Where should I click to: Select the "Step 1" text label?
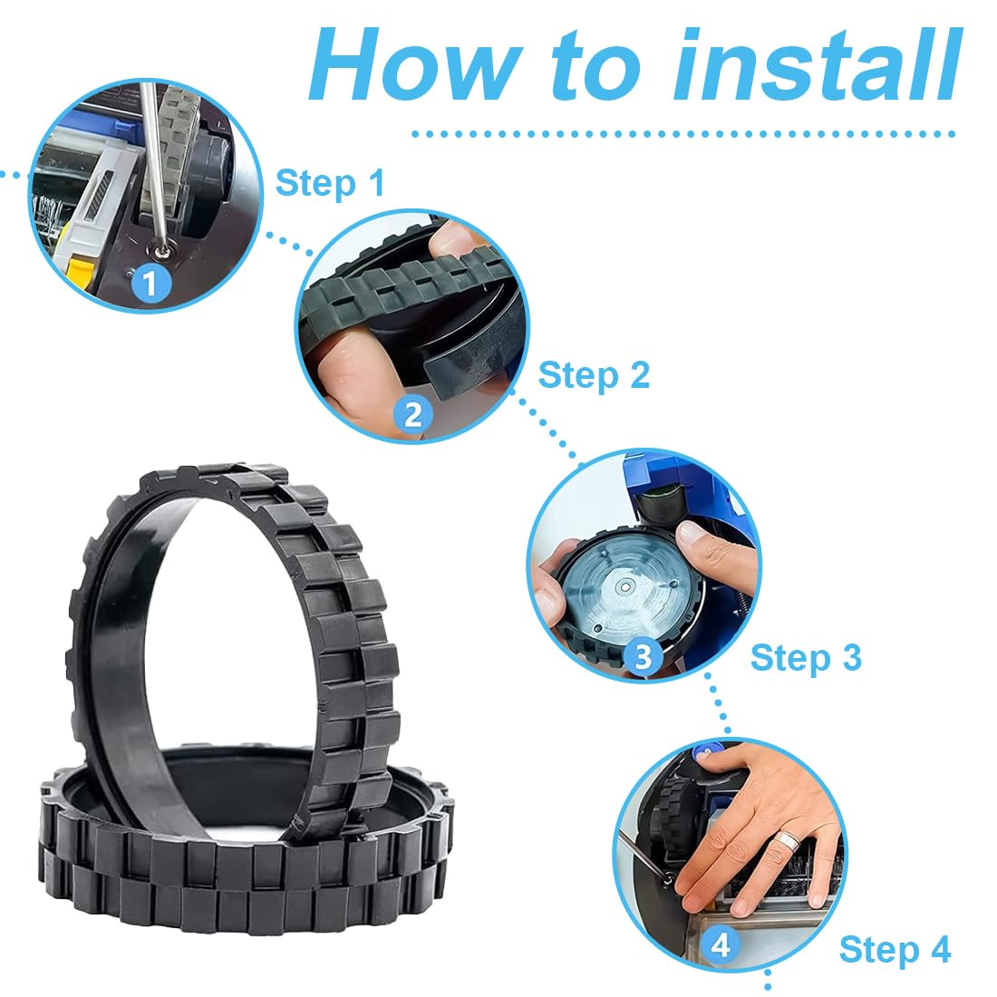330,183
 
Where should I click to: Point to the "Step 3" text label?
806,657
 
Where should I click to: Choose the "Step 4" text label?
895,949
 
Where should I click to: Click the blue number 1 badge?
150,283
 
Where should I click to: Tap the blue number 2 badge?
413,415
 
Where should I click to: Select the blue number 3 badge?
643,656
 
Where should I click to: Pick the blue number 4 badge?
721,945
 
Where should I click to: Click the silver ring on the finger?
789,840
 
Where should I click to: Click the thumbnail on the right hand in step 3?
688,531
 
